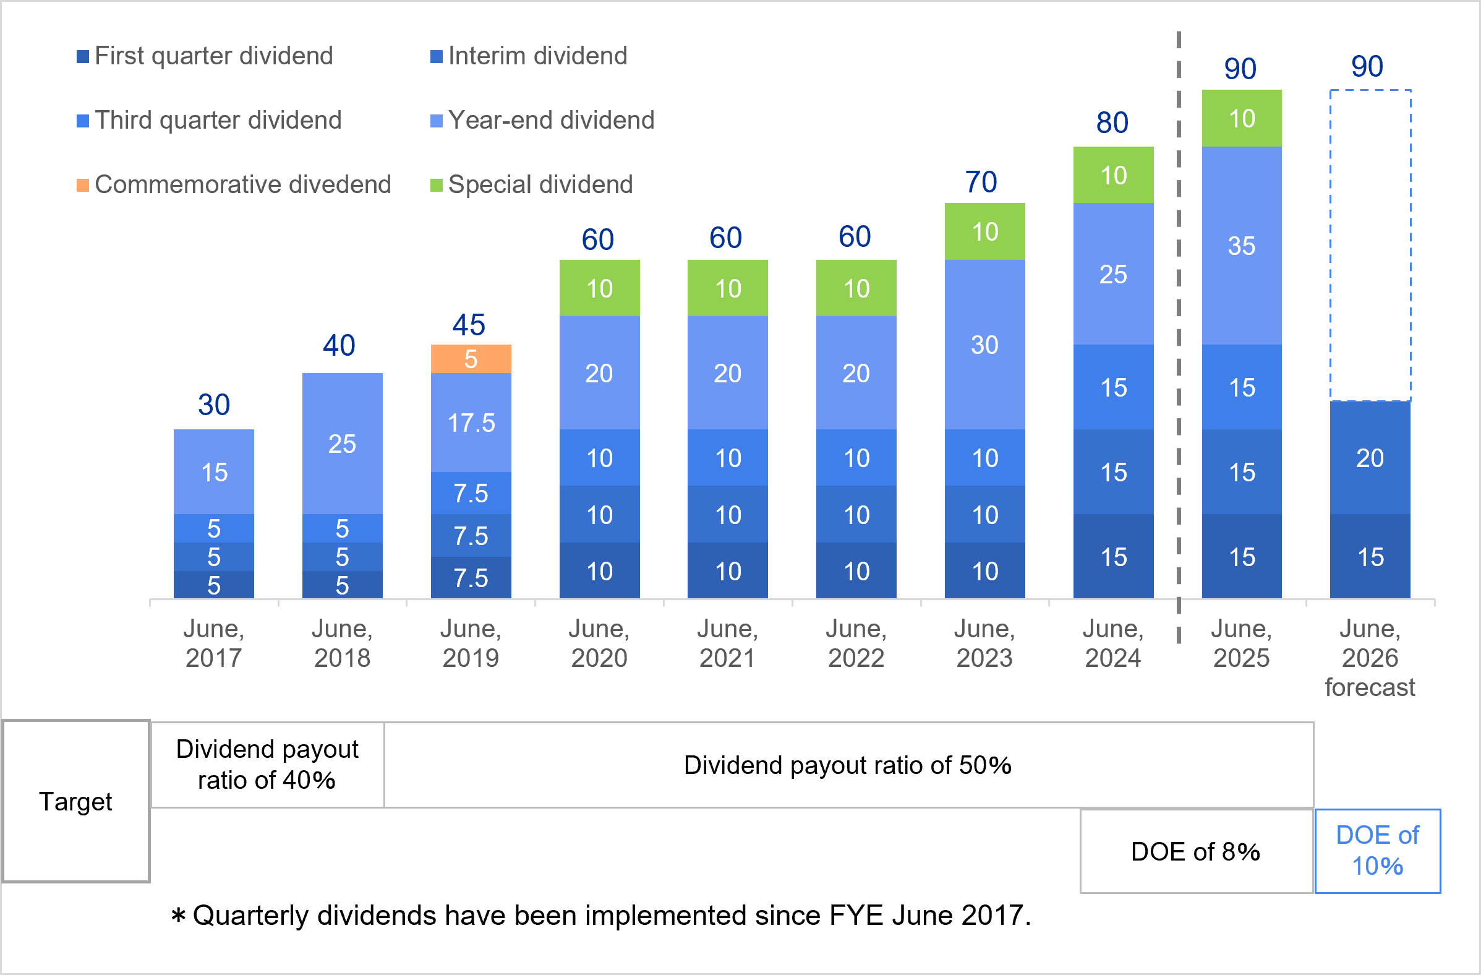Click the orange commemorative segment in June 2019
pos(471,359)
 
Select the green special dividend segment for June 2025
pos(1242,118)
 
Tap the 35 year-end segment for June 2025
pos(1242,246)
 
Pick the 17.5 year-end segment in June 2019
pos(471,422)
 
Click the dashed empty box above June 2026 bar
pos(1370,246)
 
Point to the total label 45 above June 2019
pos(469,325)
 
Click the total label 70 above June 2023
pos(981,183)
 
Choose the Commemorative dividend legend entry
pos(234,185)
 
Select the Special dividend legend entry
pos(532,185)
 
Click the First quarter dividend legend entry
pos(205,56)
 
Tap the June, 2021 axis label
pos(727,643)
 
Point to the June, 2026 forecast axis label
pos(1370,658)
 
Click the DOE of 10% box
pos(1377,851)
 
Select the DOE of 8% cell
pos(1195,851)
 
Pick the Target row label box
pos(76,801)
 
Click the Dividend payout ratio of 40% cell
pos(267,765)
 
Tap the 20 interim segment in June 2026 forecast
pos(1370,458)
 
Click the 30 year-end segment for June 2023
pos(984,345)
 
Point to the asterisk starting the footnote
pos(179,916)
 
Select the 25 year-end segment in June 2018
pos(342,444)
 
